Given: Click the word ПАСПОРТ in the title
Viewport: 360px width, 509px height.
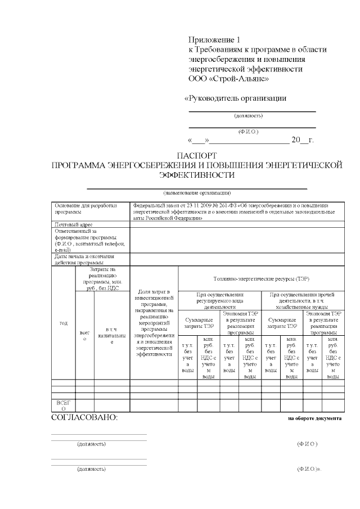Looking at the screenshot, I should click(197, 155).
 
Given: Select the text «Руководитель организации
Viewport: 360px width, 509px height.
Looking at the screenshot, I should click(236, 98).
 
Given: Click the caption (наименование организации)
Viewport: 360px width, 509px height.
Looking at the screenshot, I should click(196, 193).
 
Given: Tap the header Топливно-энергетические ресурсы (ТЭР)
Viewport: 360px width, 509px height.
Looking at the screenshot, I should click(261, 278).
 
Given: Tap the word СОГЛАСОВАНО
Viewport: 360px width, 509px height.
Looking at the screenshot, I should click(84, 418).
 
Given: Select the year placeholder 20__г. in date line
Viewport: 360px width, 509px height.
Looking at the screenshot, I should click(301, 140).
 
